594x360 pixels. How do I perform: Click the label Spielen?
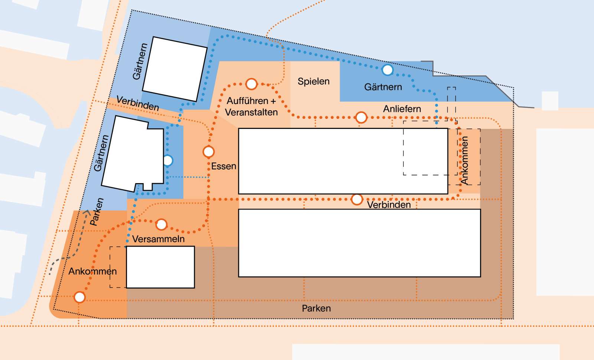point(314,81)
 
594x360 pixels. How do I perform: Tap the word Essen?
point(224,166)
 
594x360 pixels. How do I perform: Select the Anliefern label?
point(402,109)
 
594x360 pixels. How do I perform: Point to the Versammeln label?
point(159,239)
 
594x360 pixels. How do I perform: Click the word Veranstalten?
point(251,112)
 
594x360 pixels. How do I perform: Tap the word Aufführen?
point(248,101)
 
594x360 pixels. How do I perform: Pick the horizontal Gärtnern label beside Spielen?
point(383,87)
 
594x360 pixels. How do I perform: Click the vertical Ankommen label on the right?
point(464,160)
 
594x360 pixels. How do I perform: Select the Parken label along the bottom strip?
point(316,308)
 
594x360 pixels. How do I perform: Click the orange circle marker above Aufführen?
point(251,84)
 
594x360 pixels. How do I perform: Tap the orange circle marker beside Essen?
point(209,152)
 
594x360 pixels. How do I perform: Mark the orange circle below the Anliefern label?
point(361,117)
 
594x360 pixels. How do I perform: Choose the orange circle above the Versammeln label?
point(161,224)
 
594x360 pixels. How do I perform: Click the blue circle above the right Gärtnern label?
point(387,69)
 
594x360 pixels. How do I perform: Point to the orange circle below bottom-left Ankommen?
point(79,297)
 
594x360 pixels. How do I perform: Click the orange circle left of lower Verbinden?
point(357,200)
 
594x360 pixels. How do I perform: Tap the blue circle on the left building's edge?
point(167,160)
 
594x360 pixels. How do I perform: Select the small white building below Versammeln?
point(160,267)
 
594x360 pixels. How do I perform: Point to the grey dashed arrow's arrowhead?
point(87,212)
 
